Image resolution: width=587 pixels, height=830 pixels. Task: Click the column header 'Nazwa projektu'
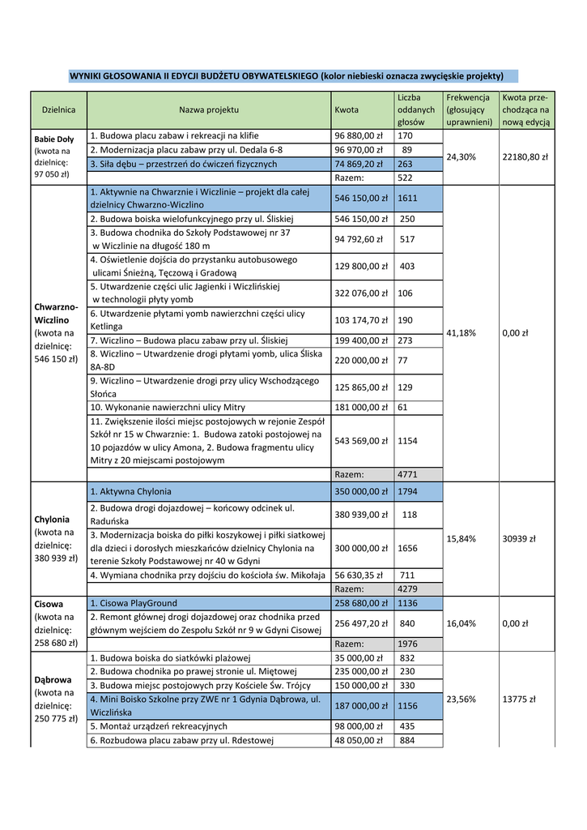point(209,109)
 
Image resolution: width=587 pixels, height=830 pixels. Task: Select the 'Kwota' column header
point(346,109)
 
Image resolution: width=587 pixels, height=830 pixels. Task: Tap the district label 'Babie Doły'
point(53,137)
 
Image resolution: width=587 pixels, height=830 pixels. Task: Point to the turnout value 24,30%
point(461,156)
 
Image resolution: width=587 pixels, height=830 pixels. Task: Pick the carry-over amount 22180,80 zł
point(525,156)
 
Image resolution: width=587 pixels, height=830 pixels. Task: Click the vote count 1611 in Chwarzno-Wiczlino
point(408,198)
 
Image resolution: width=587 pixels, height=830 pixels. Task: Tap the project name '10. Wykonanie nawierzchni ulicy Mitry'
point(168,407)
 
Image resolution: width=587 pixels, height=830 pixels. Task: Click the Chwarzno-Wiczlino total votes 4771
point(407,474)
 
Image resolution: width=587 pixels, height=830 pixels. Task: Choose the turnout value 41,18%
point(461,332)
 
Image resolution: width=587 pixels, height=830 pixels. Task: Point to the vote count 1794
point(408,491)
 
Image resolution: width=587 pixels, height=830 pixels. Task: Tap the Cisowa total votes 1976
point(407,644)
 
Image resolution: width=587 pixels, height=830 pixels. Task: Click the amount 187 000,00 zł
point(361,706)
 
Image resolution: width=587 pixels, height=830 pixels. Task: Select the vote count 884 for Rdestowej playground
point(407,739)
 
